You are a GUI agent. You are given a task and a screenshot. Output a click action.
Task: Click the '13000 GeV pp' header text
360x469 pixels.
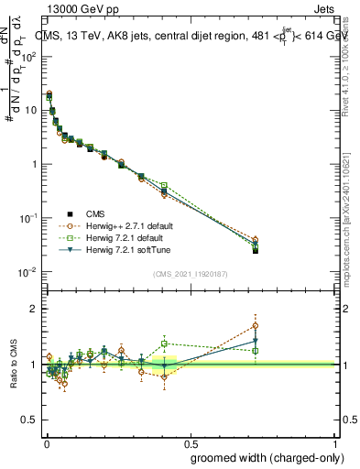pyautogui.click(x=78, y=7)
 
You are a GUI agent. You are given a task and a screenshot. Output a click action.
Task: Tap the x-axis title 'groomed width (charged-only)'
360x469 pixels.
pyautogui.click(x=263, y=457)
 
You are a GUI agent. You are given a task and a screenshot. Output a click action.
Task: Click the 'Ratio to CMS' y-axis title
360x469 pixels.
pyautogui.click(x=14, y=365)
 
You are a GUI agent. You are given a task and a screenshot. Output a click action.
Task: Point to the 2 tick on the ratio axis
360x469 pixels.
pyautogui.click(x=34, y=309)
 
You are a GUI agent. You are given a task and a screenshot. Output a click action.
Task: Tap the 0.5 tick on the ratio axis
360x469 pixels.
pyautogui.click(x=30, y=420)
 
